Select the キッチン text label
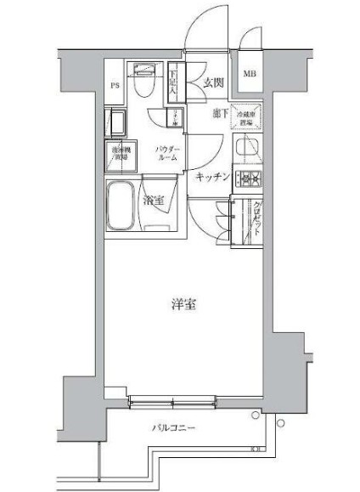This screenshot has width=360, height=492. pos(212,177)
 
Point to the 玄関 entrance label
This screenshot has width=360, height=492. pos(213,82)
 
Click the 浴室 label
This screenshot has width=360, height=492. pos(154,201)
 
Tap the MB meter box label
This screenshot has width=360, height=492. pos(250,74)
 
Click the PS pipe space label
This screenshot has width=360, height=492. pos(115,85)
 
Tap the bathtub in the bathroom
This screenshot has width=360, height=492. pos(123,205)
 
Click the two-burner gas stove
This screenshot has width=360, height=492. pos(249,178)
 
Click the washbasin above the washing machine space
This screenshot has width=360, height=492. pos(118,125)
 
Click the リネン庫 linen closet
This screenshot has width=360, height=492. pos(176,119)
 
